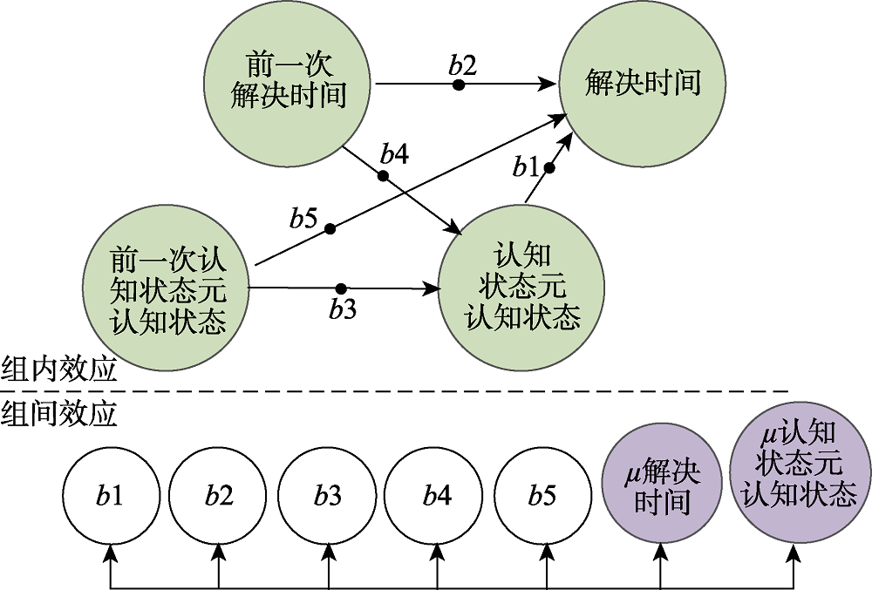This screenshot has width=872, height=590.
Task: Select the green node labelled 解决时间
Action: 643,83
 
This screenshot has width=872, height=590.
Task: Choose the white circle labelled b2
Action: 219,497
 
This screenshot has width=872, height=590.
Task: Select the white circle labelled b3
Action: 328,497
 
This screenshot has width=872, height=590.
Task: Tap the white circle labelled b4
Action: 437,497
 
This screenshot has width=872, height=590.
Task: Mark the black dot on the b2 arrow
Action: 458,85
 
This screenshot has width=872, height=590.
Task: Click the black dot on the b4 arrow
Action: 383,176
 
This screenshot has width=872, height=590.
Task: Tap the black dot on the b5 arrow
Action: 330,229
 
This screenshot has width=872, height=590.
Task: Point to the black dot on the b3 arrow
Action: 341,288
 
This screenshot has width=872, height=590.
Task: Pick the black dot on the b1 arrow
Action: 548,168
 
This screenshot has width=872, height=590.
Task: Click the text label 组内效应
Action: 59,370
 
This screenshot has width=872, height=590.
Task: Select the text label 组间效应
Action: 59,412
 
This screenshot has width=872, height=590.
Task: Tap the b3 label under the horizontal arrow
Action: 343,309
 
